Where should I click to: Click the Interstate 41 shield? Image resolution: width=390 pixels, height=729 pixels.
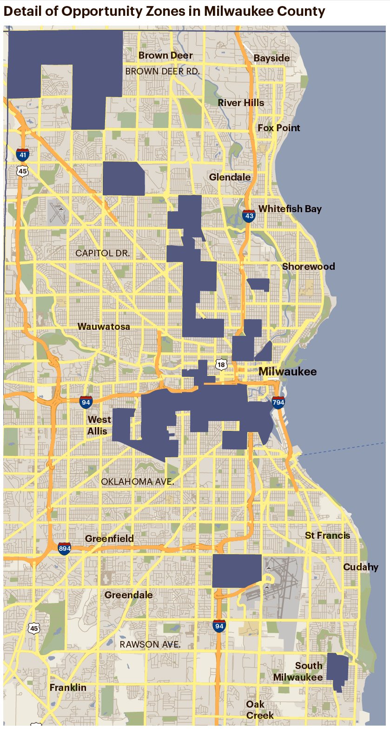(x=22, y=154)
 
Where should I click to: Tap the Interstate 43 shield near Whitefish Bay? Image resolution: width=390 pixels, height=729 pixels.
(x=249, y=215)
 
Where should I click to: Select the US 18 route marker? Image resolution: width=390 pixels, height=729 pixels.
(x=221, y=364)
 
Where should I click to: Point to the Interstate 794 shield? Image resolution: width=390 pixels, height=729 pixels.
(x=278, y=402)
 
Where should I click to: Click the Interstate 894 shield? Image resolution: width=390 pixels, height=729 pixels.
(x=65, y=548)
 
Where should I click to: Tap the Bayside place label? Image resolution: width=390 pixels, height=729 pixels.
(x=271, y=58)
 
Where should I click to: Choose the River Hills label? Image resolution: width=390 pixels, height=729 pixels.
(x=241, y=103)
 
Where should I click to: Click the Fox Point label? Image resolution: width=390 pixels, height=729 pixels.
(x=279, y=128)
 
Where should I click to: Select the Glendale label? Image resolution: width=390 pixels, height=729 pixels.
(x=230, y=177)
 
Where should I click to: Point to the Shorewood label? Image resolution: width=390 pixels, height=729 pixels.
(x=308, y=267)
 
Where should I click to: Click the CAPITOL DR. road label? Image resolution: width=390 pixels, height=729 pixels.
(x=103, y=253)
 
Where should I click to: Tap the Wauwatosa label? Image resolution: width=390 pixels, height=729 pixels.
(x=104, y=327)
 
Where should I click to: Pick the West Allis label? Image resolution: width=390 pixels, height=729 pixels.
(x=99, y=425)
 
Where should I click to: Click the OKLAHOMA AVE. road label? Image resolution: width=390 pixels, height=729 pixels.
(x=138, y=482)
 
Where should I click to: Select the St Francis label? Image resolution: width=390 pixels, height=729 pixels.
(x=327, y=535)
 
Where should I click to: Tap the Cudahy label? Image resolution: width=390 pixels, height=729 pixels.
(x=360, y=567)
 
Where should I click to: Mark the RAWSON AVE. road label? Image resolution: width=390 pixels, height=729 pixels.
(x=150, y=644)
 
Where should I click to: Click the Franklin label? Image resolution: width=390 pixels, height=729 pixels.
(x=68, y=687)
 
